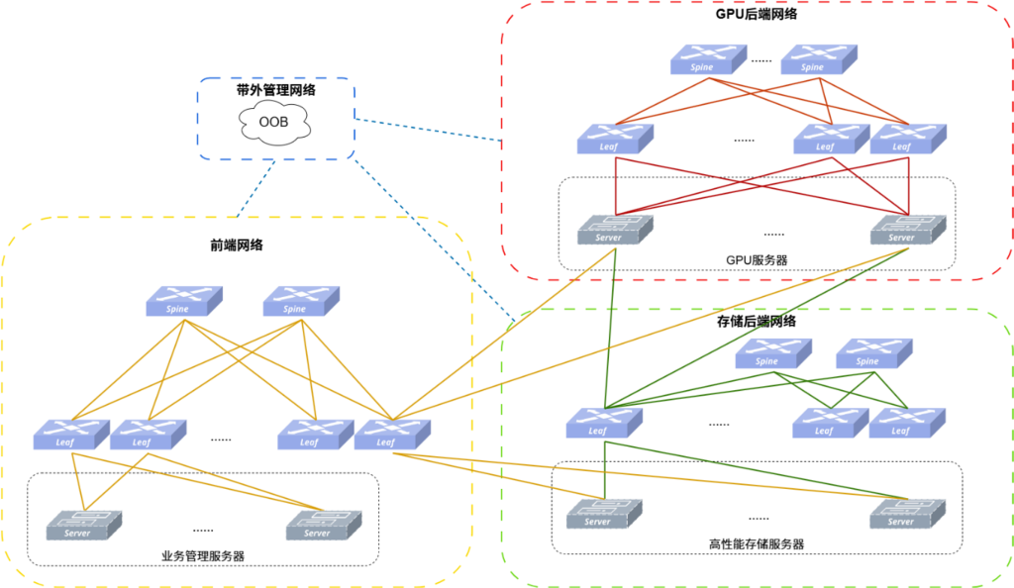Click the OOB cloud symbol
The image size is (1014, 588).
click(x=274, y=122)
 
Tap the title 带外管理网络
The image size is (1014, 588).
click(x=276, y=90)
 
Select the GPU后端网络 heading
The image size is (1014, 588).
click(x=756, y=14)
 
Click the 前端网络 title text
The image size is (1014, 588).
click(x=237, y=245)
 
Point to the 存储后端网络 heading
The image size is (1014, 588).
click(x=756, y=321)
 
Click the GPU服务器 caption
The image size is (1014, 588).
click(x=757, y=259)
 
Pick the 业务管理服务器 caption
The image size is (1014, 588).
click(x=203, y=555)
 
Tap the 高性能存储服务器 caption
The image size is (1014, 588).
click(x=757, y=544)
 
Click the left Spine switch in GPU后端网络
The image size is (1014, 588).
click(x=709, y=59)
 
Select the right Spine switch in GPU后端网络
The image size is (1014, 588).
click(x=819, y=59)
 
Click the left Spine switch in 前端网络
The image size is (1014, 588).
click(x=184, y=301)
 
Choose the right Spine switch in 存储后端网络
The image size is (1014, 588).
click(x=874, y=353)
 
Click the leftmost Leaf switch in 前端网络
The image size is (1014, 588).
click(x=71, y=435)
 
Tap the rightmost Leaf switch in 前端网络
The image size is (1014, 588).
click(x=392, y=435)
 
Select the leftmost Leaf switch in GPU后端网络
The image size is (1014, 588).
click(x=616, y=139)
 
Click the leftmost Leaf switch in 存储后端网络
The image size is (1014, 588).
click(x=605, y=424)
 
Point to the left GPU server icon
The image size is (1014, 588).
click(x=616, y=230)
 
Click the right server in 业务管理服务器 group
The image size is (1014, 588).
click(x=324, y=526)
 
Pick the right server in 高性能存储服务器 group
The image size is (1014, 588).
click(x=908, y=515)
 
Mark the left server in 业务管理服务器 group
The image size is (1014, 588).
click(x=84, y=526)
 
